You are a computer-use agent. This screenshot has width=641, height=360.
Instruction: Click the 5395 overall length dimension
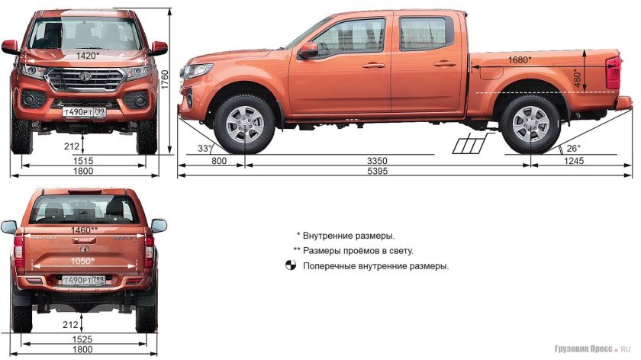[404, 172]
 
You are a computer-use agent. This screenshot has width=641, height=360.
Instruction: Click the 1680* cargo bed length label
[519, 59]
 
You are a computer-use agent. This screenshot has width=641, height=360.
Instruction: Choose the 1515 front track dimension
[84, 161]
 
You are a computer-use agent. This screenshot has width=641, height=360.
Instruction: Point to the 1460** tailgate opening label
[84, 230]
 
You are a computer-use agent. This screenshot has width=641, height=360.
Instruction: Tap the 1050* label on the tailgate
[82, 261]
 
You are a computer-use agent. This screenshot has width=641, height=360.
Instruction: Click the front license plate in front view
[84, 112]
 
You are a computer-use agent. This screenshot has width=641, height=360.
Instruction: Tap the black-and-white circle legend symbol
[290, 266]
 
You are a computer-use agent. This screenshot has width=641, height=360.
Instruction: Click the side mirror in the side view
[308, 50]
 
